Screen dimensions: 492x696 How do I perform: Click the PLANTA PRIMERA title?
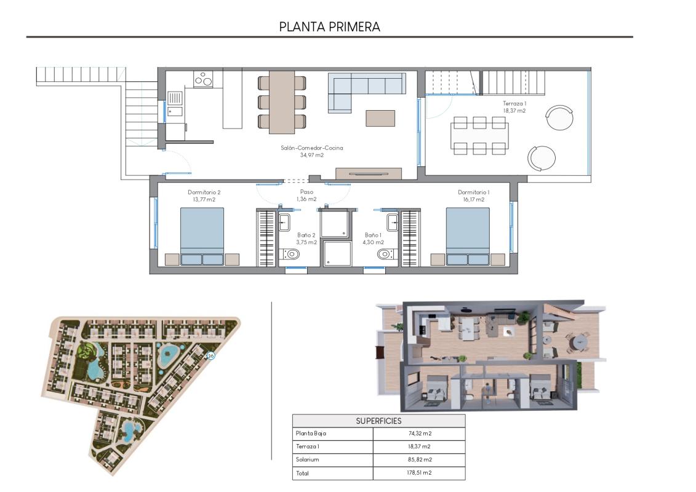[329, 26]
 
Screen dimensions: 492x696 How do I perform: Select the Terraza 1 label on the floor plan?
[514, 107]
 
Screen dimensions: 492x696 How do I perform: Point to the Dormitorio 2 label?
[204, 196]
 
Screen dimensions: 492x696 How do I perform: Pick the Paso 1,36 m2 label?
[306, 196]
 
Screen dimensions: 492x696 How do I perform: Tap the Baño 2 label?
[306, 239]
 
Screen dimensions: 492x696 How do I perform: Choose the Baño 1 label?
[373, 239]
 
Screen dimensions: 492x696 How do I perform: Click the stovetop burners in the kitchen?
[203, 79]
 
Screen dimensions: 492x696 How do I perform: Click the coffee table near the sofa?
[380, 118]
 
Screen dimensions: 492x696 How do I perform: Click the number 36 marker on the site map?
[211, 356]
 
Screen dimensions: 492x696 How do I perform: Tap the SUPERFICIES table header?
[378, 421]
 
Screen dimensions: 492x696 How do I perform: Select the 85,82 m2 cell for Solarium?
[419, 459]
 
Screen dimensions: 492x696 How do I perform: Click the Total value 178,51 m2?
[419, 473]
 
